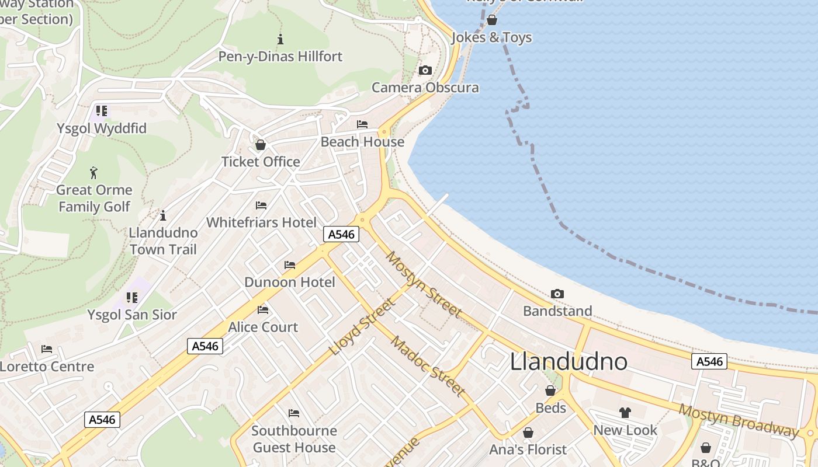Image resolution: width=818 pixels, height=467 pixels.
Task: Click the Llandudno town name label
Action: tap(569, 362)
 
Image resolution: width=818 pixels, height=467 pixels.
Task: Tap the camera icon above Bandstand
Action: tap(557, 294)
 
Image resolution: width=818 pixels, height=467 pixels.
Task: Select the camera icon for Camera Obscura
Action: tap(425, 71)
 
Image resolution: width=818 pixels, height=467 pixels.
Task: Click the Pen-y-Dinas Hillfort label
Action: tap(280, 57)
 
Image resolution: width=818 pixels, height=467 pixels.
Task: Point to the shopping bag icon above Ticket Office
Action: tap(261, 145)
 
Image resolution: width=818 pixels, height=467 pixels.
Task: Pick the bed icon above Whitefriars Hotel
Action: tap(261, 205)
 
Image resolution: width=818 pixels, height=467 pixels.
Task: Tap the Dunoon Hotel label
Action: tap(290, 283)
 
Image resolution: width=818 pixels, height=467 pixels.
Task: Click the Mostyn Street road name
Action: tap(424, 285)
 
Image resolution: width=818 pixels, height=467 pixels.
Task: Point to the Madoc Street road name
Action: tap(428, 366)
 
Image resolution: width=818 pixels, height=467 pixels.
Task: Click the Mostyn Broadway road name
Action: tap(739, 420)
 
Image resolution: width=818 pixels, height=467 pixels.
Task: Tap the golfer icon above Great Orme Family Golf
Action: tap(93, 173)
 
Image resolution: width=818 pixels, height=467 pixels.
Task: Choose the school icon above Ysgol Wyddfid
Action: tap(102, 111)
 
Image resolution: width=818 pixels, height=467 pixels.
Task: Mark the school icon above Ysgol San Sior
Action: tap(132, 298)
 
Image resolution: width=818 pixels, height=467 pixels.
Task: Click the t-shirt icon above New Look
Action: tap(625, 413)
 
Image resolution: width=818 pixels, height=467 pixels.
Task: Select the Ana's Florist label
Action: tap(528, 449)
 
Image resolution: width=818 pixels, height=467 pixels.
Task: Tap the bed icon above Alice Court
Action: tap(263, 310)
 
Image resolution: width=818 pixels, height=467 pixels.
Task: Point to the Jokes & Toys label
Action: tap(491, 38)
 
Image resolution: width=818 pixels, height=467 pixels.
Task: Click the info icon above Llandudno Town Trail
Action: tap(163, 215)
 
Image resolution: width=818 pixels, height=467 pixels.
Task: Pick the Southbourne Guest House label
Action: tap(294, 439)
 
